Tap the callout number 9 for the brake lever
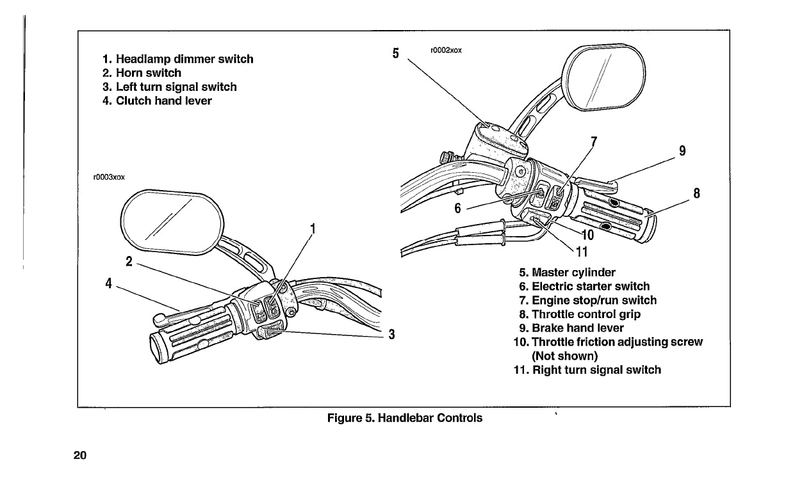(x=682, y=151)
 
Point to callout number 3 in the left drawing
(x=391, y=334)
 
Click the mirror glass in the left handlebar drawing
(x=170, y=219)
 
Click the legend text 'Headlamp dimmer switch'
(x=184, y=59)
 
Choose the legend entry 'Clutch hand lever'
(x=163, y=101)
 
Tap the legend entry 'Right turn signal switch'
(x=596, y=370)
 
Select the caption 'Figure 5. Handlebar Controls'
(x=405, y=419)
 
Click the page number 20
(x=79, y=456)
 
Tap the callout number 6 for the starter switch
(x=457, y=209)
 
